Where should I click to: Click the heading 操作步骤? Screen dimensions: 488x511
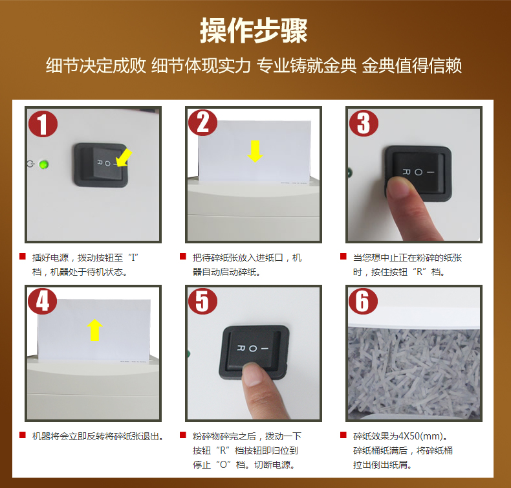click(x=254, y=30)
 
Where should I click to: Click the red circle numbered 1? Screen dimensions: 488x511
click(x=42, y=123)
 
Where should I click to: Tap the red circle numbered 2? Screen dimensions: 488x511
click(x=202, y=122)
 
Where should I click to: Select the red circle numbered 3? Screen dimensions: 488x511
click(x=363, y=122)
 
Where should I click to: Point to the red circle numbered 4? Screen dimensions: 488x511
click(x=42, y=301)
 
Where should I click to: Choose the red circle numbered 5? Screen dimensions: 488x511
click(x=202, y=301)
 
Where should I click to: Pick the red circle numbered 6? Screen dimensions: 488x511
click(x=363, y=301)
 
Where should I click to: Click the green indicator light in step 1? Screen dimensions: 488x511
click(x=44, y=164)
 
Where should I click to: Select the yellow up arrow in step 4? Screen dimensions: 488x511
click(x=95, y=329)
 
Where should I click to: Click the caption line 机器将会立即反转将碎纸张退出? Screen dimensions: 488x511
click(x=97, y=436)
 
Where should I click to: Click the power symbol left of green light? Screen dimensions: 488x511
click(x=30, y=164)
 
